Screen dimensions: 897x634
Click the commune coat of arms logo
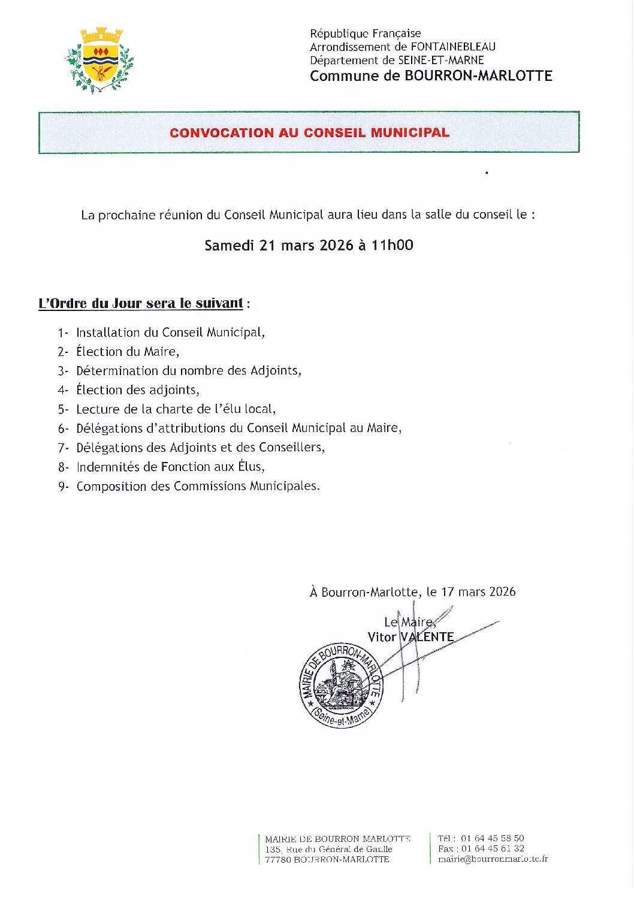[x=99, y=60]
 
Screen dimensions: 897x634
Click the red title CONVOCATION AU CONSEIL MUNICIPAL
[x=309, y=132]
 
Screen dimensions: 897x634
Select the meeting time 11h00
[x=392, y=245]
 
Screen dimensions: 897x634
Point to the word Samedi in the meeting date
[x=230, y=245]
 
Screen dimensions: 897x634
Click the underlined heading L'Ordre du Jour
[x=141, y=303]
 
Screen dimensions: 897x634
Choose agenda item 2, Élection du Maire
[x=127, y=352]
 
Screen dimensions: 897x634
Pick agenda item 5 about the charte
[x=176, y=409]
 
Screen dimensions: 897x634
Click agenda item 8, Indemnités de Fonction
[x=170, y=467]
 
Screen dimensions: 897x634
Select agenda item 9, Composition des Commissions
[x=198, y=486]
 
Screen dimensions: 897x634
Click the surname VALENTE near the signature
[x=427, y=637]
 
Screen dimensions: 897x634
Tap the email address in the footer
[x=493, y=859]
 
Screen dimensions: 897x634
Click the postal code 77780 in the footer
[x=278, y=859]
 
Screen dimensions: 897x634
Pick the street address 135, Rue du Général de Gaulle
[x=328, y=849]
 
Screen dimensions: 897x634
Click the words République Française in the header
[x=365, y=34]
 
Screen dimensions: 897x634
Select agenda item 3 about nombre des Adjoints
[x=188, y=371]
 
